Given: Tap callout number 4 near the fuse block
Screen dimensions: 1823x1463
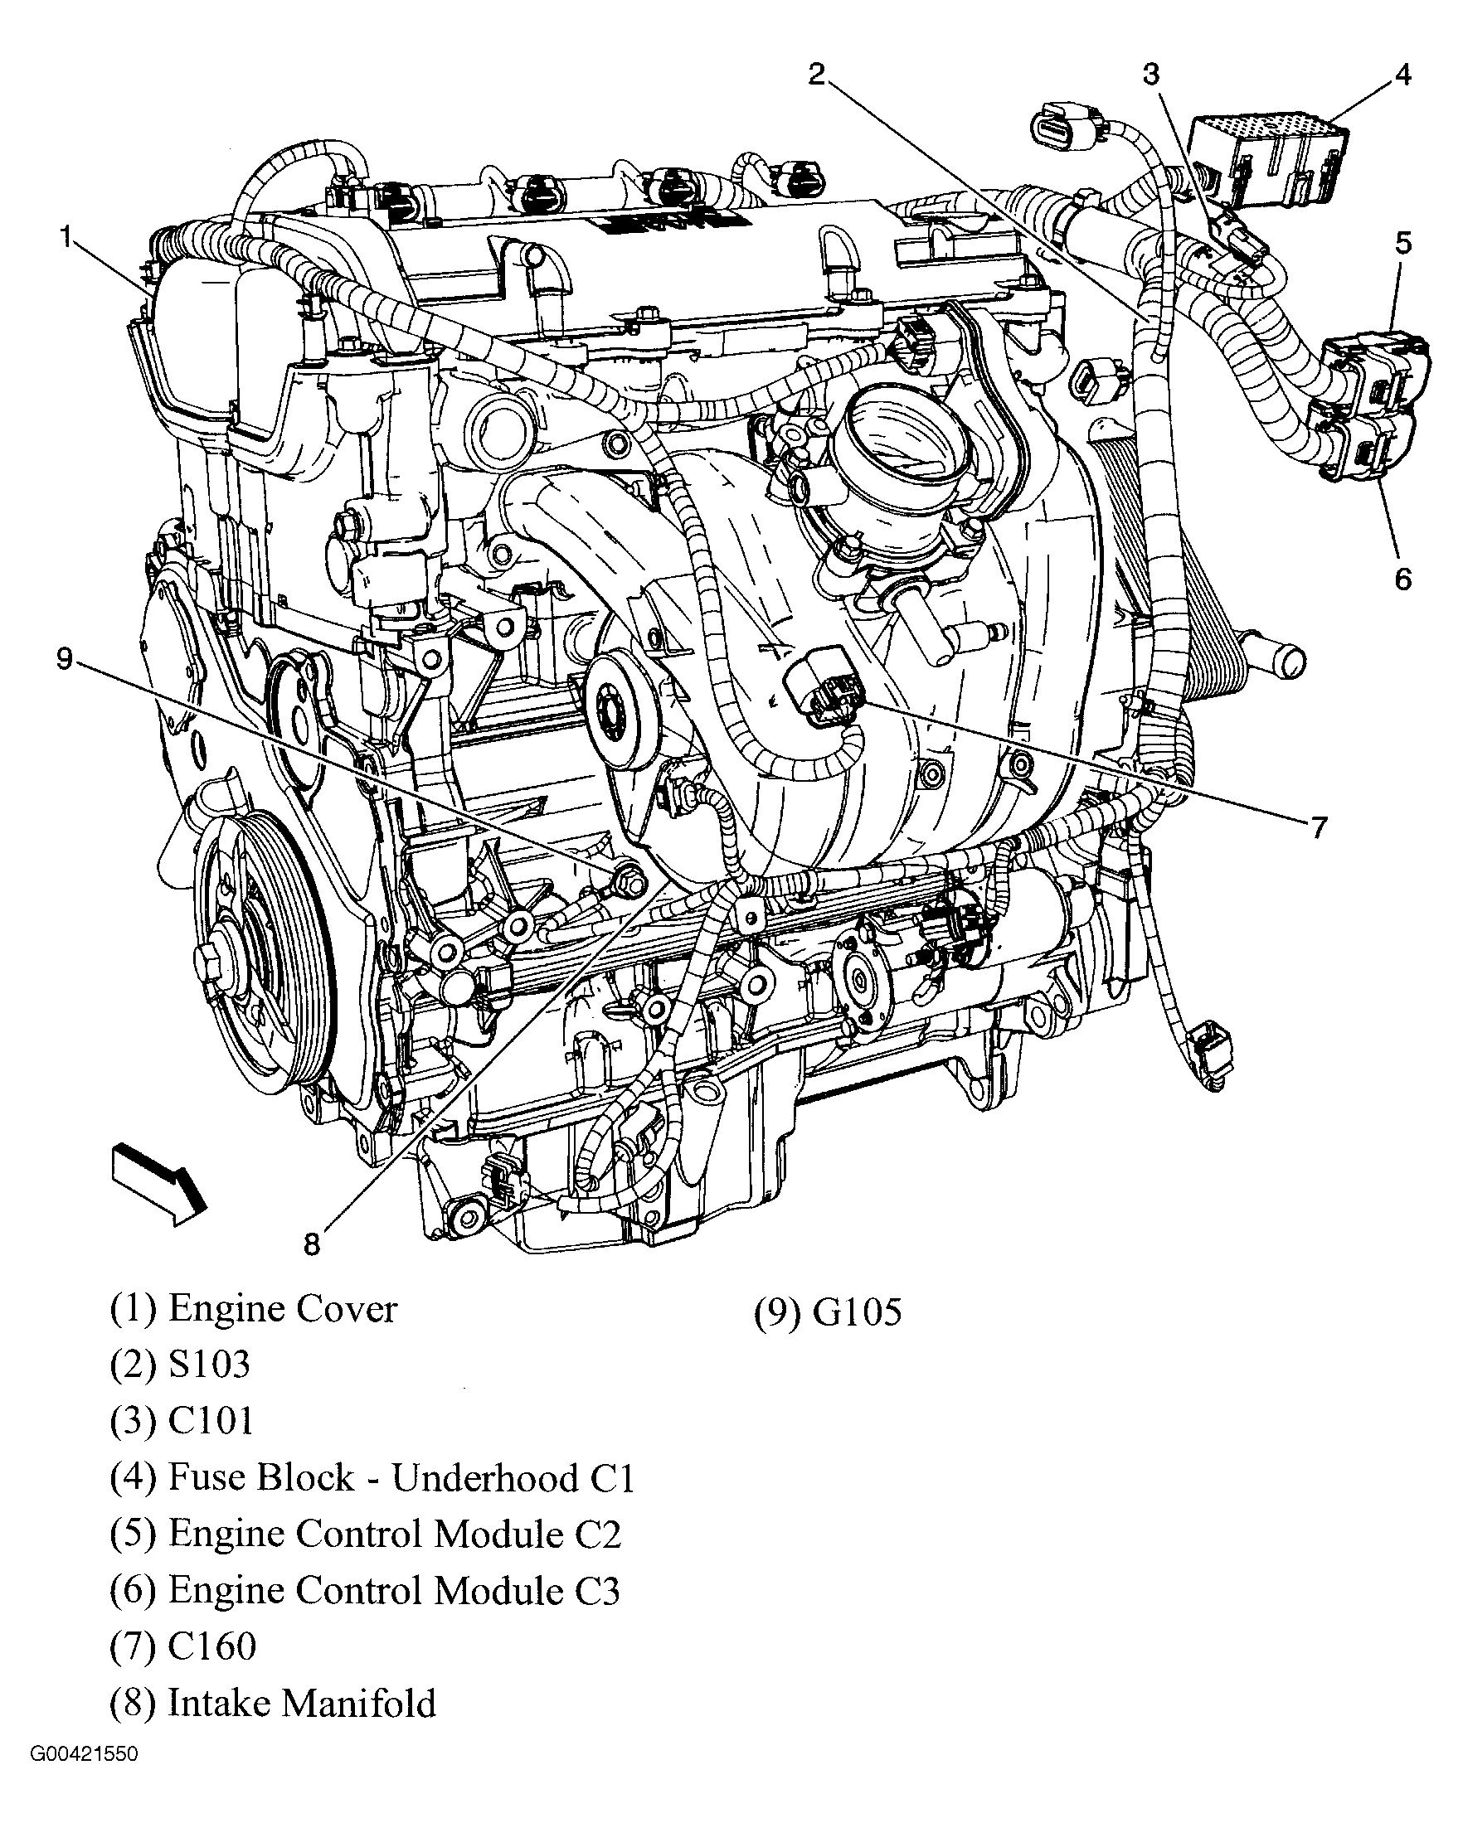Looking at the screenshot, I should click(x=1402, y=76).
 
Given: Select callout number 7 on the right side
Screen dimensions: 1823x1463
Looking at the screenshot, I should click(x=1320, y=828).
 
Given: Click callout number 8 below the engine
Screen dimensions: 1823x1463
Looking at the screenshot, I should click(x=312, y=1244).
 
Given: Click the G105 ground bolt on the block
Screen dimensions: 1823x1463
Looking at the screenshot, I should click(x=630, y=880).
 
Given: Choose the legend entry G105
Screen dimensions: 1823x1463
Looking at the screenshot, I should click(x=857, y=1311).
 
